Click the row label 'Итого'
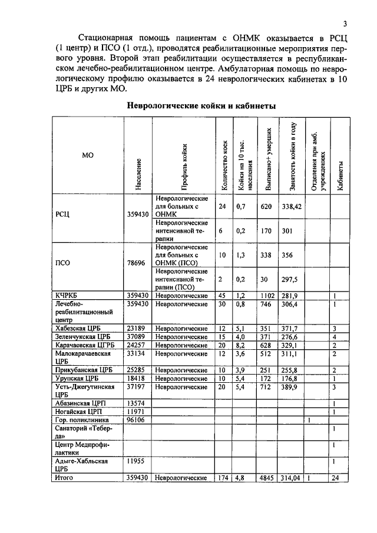point(65,478)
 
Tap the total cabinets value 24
point(335,478)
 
